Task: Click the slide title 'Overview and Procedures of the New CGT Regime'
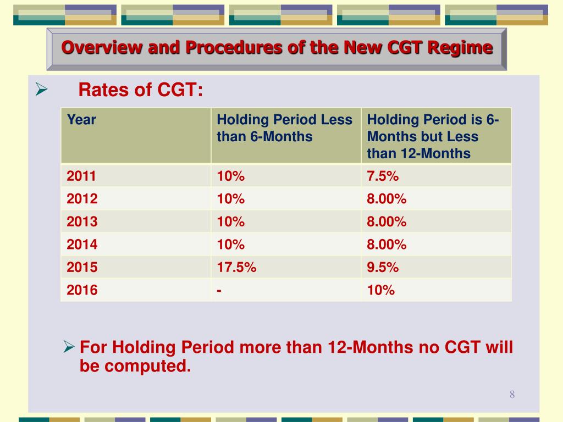click(277, 48)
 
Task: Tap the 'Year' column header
click(81, 119)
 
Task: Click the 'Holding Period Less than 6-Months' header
click(284, 127)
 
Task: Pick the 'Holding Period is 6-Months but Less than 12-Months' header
click(433, 136)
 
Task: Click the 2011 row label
click(81, 176)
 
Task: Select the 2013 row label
click(82, 221)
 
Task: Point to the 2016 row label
click(82, 290)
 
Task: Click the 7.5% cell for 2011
click(383, 176)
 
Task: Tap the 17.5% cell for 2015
click(236, 267)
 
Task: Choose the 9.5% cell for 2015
click(383, 267)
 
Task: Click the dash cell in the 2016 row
click(219, 290)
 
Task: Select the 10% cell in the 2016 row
click(381, 290)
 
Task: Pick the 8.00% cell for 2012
click(387, 199)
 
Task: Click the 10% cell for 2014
click(230, 245)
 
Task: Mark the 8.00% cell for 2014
click(387, 245)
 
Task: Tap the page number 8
click(512, 394)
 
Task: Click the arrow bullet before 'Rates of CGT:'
click(42, 88)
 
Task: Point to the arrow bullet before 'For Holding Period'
click(69, 347)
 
